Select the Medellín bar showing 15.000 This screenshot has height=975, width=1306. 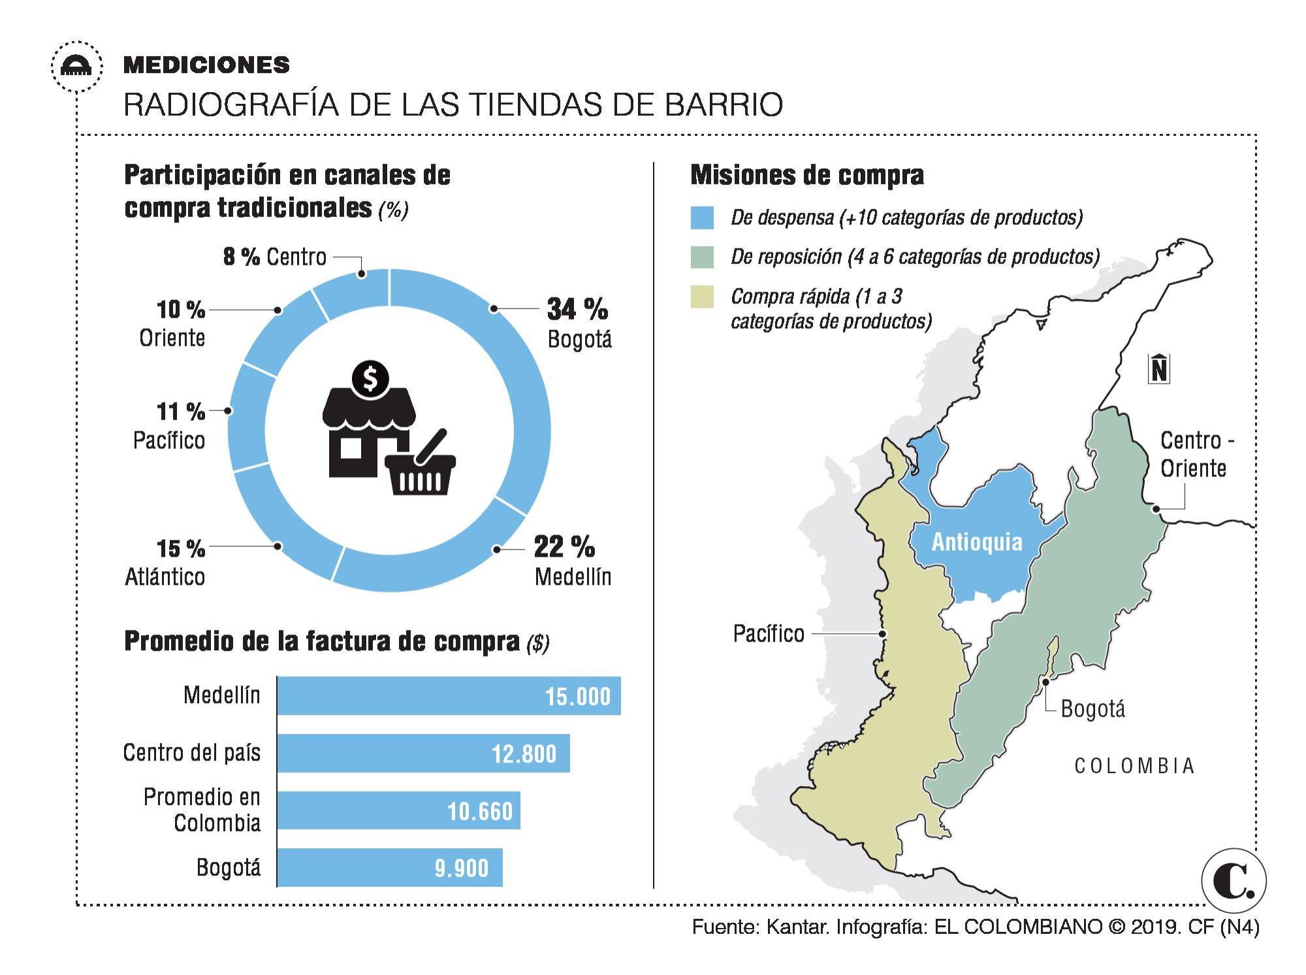[449, 696]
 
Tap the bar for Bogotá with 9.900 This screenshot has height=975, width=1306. [390, 868]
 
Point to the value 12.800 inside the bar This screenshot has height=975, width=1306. [524, 754]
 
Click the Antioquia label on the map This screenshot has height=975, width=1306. [976, 542]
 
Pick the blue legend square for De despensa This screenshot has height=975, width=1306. [702, 218]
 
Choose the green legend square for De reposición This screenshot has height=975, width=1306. [702, 257]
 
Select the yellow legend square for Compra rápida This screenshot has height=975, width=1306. [702, 297]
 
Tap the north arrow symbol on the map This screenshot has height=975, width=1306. [1158, 369]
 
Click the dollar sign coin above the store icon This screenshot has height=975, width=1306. [370, 378]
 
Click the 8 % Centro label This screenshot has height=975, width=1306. [275, 257]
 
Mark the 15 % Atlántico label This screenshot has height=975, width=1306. [166, 562]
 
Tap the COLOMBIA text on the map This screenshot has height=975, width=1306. [1134, 766]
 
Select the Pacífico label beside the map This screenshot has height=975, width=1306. [769, 634]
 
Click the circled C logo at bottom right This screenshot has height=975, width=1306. [1233, 880]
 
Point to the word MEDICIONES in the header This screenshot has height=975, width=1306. [206, 65]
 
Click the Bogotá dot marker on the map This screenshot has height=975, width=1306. [1045, 682]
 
